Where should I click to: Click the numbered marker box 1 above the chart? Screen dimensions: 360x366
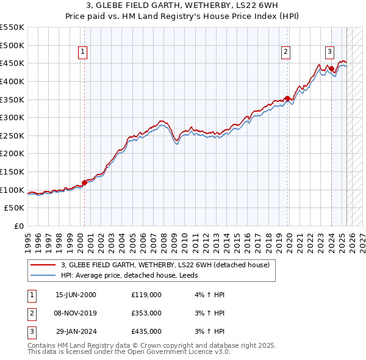82,52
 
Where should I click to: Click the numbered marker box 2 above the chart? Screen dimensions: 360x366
285,52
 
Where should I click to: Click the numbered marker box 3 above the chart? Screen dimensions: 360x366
329,52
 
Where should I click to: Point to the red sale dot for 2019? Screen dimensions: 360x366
287,98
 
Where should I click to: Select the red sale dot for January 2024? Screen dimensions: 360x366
331,68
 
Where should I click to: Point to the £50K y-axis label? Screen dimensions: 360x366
14,208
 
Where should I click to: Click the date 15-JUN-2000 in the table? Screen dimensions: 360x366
76,295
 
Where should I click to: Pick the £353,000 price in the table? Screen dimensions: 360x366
146,313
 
